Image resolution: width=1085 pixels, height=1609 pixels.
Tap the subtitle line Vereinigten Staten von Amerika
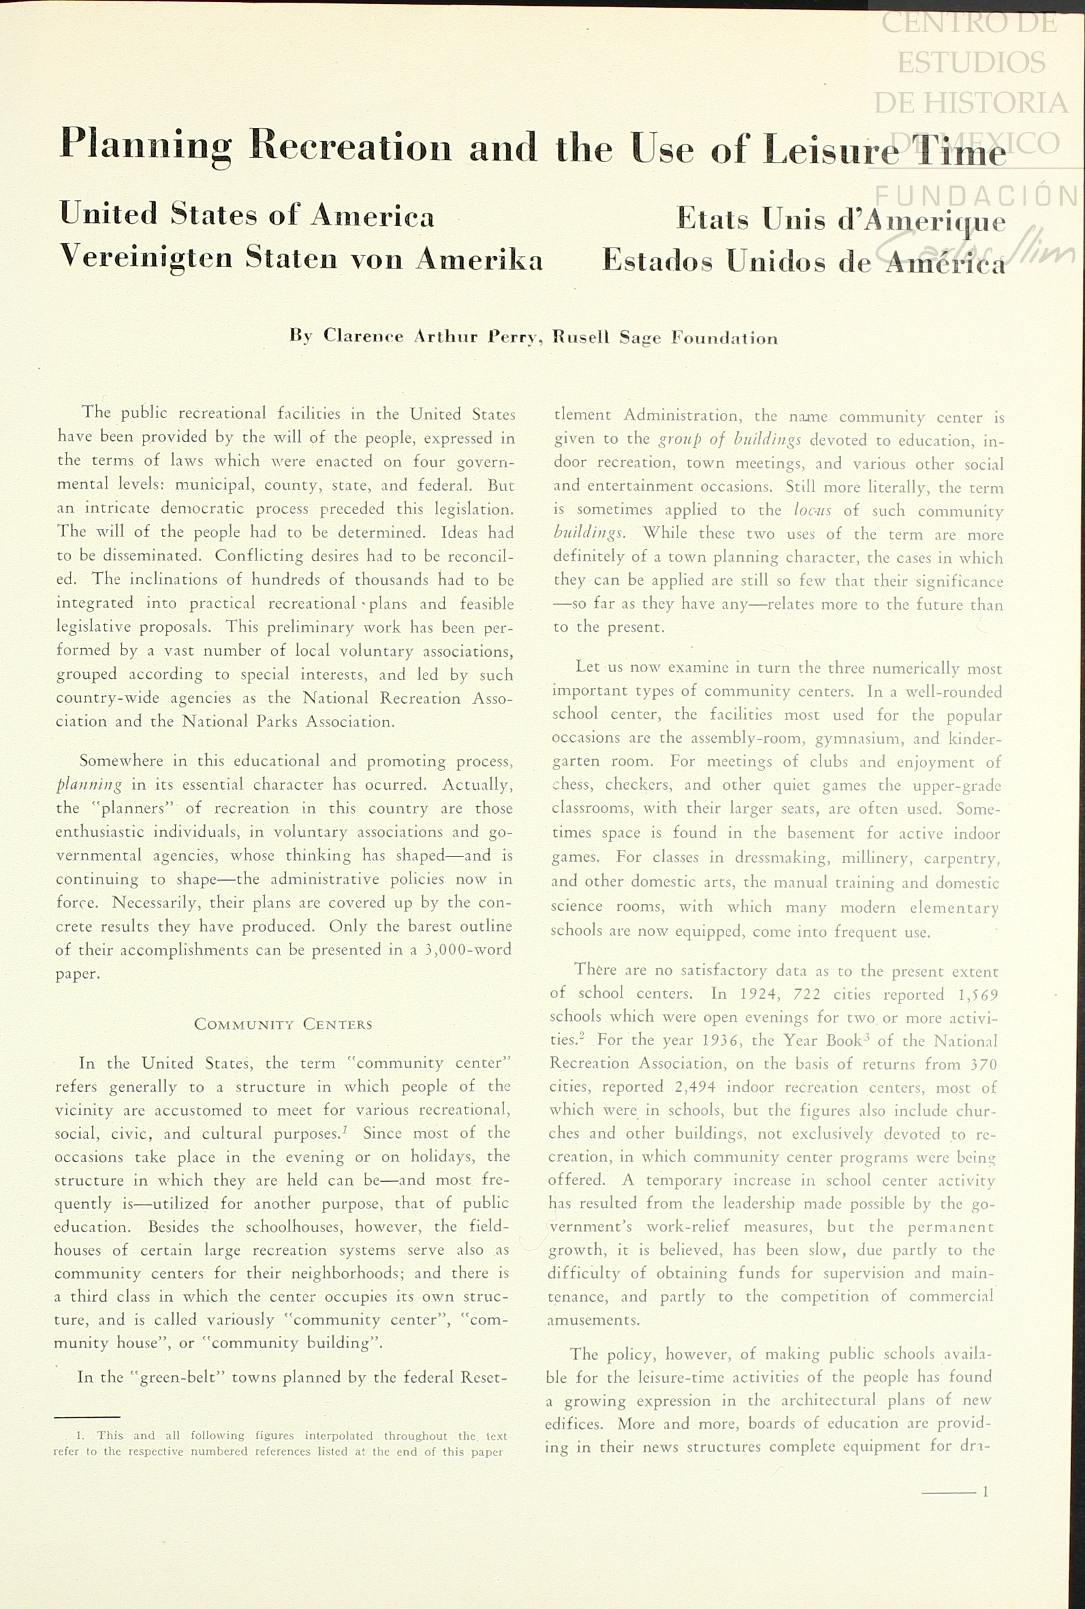click(301, 257)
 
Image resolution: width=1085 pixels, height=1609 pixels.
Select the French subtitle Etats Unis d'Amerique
click(840, 219)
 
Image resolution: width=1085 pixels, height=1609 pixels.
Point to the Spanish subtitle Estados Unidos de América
click(803, 261)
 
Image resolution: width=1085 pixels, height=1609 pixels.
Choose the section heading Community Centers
click(283, 1024)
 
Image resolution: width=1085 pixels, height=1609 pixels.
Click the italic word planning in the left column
click(89, 785)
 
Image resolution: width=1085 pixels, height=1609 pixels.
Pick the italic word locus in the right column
click(812, 511)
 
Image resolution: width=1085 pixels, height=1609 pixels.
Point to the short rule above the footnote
click(87, 1416)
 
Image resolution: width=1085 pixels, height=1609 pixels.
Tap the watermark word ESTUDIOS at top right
click(971, 62)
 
